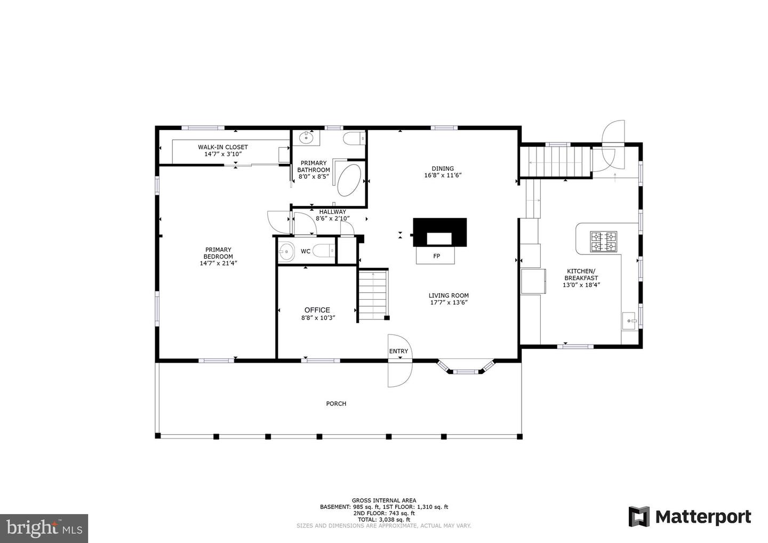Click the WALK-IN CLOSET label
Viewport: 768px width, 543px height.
[222, 147]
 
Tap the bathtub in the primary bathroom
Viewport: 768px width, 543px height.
[349, 180]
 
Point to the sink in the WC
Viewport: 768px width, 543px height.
[286, 252]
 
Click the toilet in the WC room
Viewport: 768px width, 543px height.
[324, 251]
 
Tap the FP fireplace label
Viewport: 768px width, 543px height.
[436, 256]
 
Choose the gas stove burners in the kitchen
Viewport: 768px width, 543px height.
[603, 241]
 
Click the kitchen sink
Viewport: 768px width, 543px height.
[629, 321]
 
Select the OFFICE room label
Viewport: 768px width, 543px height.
[317, 310]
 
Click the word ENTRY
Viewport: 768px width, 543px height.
[398, 351]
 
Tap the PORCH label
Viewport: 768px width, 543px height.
[336, 403]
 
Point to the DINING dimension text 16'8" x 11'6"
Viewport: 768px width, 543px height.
[443, 175]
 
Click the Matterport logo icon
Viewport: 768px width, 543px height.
[639, 517]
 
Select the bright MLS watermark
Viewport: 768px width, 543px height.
[44, 528]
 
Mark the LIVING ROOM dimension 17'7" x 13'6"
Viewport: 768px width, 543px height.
[449, 302]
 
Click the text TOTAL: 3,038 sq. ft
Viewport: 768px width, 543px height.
[384, 520]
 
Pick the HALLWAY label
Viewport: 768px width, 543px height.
[333, 212]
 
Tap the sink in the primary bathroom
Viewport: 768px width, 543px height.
[306, 138]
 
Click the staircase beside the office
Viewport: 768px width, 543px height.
[373, 295]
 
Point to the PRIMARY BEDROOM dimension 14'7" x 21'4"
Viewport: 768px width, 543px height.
[219, 263]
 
